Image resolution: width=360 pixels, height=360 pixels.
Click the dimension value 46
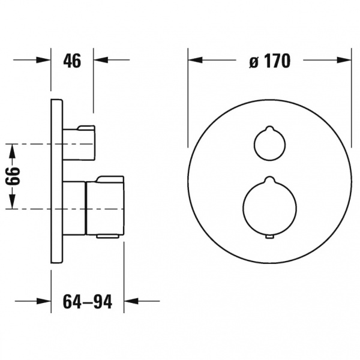72,61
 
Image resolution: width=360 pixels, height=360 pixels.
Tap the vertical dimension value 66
13,176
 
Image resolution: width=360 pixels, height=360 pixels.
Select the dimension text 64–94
88,301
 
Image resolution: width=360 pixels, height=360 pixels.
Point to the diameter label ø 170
270,61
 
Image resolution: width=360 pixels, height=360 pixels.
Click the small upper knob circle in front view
254,144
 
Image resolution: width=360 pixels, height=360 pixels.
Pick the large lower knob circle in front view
243,208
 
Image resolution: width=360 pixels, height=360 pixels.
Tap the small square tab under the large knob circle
270,237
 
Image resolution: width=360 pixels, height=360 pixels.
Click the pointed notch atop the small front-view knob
270,128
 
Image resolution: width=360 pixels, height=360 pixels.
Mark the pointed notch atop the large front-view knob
270,178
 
